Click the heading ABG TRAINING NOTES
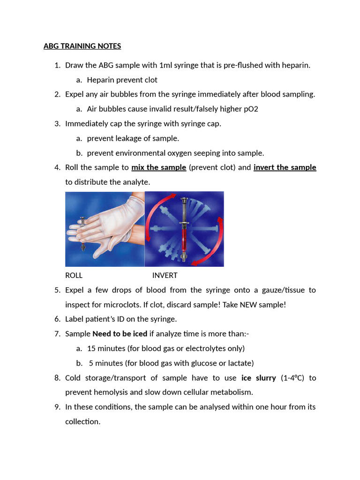[x=82, y=46]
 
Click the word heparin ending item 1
[x=296, y=65]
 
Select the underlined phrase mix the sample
[x=159, y=167]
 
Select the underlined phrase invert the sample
[x=285, y=167]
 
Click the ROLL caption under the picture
[x=74, y=275]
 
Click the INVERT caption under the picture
[x=165, y=275]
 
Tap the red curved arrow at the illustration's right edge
[x=217, y=239]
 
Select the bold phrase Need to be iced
[x=120, y=334]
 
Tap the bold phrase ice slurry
[x=258, y=378]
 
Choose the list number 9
[x=57, y=407]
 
